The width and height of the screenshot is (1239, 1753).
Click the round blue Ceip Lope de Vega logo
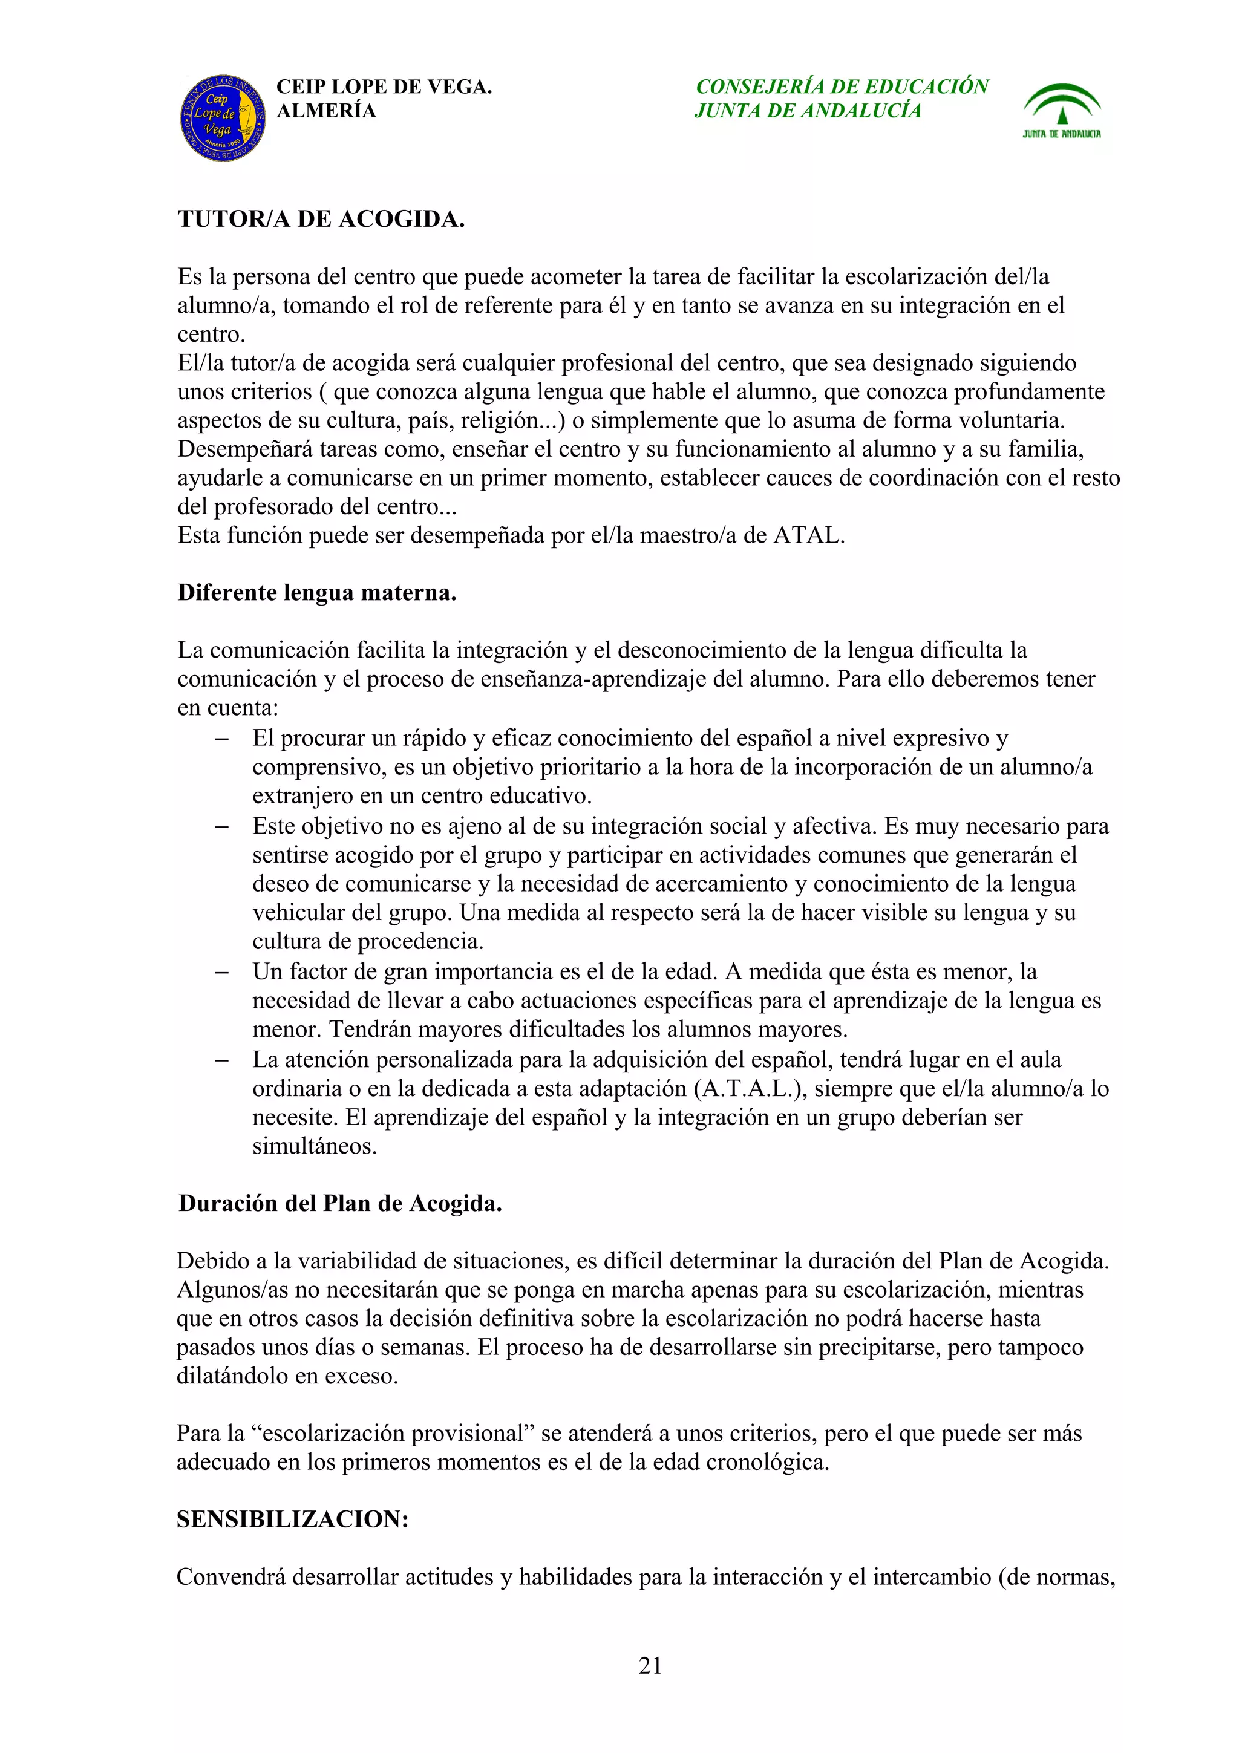[x=223, y=119]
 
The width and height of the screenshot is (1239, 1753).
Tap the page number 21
[x=650, y=1665]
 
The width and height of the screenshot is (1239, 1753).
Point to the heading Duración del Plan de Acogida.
[x=340, y=1203]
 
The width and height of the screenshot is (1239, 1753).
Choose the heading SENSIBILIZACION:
[x=292, y=1520]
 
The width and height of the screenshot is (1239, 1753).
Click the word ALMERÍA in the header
[x=326, y=111]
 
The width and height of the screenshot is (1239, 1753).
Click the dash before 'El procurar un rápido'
[x=222, y=739]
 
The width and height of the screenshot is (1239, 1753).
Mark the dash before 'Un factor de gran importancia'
[x=222, y=972]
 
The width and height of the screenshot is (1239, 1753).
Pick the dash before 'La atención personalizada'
[x=222, y=1060]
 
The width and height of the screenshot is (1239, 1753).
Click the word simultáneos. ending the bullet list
[x=315, y=1146]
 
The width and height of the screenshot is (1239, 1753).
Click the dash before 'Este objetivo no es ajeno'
[x=222, y=826]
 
